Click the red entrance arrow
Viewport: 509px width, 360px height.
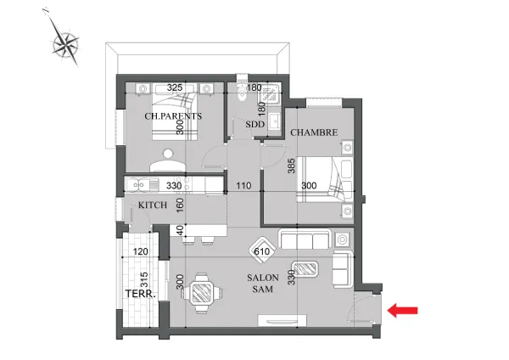(402, 310)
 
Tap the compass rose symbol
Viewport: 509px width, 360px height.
(66, 43)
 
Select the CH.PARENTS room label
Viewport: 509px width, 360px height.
(173, 116)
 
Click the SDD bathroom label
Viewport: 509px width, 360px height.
(255, 124)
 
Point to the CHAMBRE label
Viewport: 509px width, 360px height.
(314, 132)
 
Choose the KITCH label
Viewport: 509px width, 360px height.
(153, 205)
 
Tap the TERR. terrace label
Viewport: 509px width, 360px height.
(141, 294)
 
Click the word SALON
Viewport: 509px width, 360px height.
(263, 278)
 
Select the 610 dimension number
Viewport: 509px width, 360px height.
(262, 251)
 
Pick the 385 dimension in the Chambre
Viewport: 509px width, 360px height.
(292, 166)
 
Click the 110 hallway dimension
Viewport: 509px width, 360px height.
(243, 186)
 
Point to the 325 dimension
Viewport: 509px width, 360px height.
(175, 87)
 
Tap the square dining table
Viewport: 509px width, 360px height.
(202, 293)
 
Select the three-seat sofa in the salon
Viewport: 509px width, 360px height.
(305, 239)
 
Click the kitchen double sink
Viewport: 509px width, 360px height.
(138, 186)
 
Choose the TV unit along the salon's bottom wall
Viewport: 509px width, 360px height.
(282, 320)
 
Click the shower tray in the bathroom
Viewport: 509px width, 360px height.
(270, 94)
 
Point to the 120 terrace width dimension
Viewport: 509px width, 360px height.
(141, 251)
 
